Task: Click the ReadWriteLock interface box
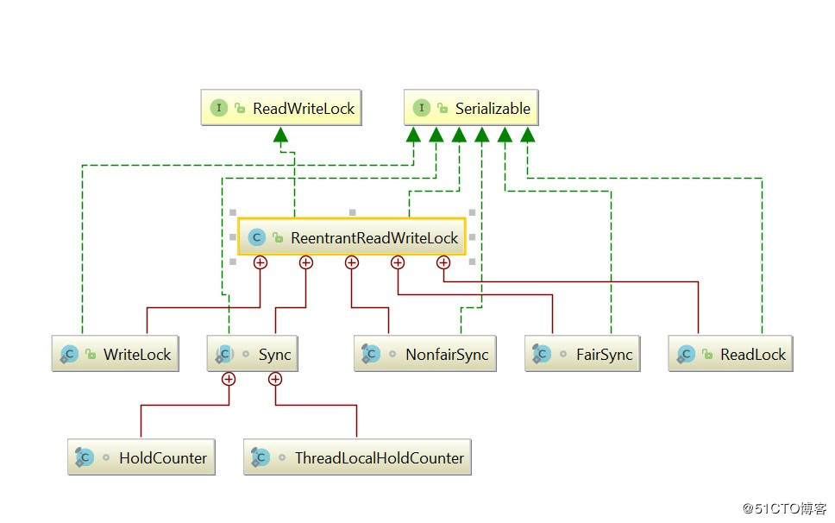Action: coord(280,108)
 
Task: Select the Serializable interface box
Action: coord(471,108)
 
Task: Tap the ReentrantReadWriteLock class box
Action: coord(352,236)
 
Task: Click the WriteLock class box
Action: coord(116,354)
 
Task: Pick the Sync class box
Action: coord(253,354)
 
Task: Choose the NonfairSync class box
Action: coord(425,354)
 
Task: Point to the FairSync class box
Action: coord(582,354)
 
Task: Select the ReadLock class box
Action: coord(731,354)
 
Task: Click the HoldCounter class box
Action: coord(141,457)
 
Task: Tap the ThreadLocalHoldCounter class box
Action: coord(358,457)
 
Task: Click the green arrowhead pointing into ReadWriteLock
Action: coord(280,135)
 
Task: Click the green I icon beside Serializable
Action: coord(422,108)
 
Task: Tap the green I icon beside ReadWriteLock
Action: coord(219,108)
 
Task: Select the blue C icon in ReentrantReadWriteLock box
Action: coord(256,237)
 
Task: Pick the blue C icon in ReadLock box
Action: coord(686,354)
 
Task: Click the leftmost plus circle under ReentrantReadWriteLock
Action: coord(260,262)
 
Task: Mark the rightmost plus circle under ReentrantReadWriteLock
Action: coord(443,262)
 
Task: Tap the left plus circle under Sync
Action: coord(229,378)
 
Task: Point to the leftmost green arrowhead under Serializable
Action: coord(413,135)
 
